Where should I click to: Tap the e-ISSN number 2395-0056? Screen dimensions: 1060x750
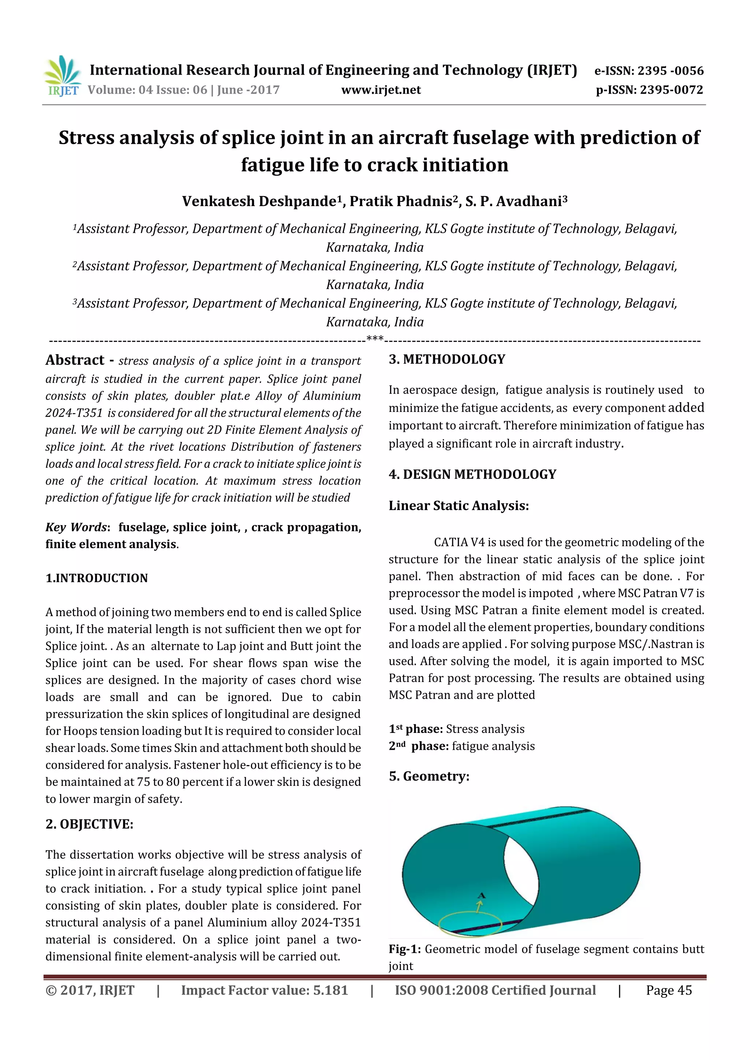(670, 71)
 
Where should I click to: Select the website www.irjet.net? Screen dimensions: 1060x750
(381, 90)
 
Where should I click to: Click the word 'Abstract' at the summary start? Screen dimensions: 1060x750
(75, 360)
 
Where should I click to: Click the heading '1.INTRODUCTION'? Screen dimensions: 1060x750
(97, 578)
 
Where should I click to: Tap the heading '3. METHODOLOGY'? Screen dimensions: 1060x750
(447, 359)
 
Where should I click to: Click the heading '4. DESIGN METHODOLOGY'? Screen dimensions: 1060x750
(472, 474)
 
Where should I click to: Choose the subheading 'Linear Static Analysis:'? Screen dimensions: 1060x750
(458, 506)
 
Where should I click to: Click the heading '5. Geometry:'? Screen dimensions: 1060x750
(429, 776)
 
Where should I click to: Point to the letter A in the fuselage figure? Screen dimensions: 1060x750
(482, 896)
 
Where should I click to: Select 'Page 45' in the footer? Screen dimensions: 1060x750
(669, 990)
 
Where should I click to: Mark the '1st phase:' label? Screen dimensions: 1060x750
(415, 729)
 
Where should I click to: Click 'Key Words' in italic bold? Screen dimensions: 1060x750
(76, 527)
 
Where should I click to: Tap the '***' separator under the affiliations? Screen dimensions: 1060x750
(375, 338)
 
